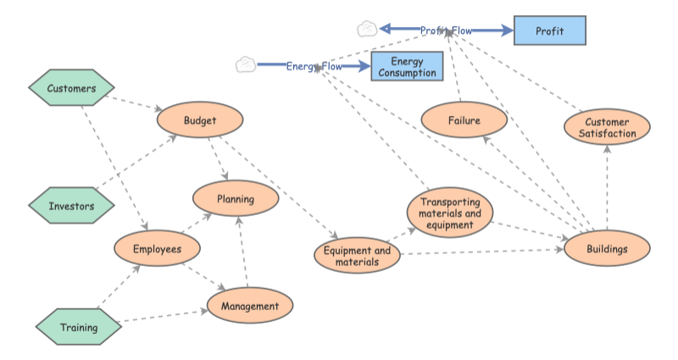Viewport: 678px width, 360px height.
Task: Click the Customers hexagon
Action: tap(71, 88)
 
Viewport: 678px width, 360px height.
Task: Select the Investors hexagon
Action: tap(71, 206)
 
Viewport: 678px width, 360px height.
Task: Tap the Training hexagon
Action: tap(78, 327)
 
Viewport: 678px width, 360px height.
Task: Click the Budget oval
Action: tap(200, 120)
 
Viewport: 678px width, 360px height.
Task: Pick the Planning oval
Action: tap(236, 199)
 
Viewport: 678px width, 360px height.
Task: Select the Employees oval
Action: tap(157, 248)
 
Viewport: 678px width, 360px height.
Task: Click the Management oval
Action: tap(249, 306)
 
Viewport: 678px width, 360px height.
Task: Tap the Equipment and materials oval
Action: tap(357, 256)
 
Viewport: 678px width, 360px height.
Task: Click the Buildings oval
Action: tap(607, 249)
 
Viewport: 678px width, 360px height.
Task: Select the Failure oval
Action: tap(464, 120)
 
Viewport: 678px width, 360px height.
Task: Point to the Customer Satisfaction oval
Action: tap(607, 128)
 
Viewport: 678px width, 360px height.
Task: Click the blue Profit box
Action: tap(549, 30)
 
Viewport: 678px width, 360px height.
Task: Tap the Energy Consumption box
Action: tap(407, 67)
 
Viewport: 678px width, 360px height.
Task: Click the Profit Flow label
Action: tap(446, 30)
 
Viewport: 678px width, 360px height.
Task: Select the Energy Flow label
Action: tap(314, 65)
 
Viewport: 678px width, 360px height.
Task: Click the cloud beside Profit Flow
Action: tap(367, 29)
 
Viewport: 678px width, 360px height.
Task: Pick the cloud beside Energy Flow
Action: tap(246, 64)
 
